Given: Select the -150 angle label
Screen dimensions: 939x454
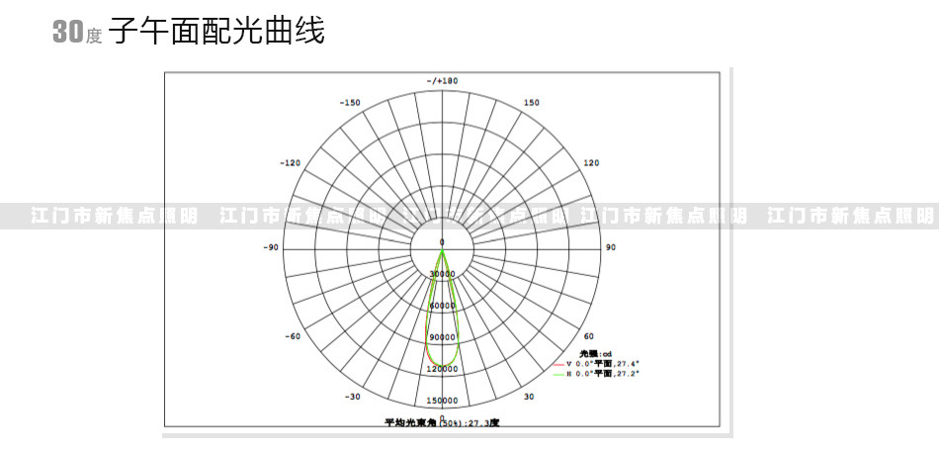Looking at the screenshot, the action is (x=349, y=103).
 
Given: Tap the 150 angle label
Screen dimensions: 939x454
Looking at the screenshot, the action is (x=532, y=103).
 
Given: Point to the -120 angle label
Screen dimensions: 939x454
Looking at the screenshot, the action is (x=290, y=163).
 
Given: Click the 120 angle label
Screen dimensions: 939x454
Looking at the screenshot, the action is (x=591, y=163).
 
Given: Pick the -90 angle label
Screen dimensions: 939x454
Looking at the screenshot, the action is (x=272, y=246).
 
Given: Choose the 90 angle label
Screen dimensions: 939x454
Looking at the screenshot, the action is (x=610, y=246).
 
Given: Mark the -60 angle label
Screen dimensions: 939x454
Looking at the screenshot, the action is (x=293, y=336).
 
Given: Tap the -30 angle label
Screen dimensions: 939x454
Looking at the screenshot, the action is (x=352, y=396).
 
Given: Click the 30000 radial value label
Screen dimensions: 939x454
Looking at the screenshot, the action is (x=442, y=274).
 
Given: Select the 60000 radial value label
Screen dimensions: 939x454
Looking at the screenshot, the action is (x=442, y=306).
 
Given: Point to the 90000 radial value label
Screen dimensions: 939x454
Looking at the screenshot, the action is (x=442, y=337).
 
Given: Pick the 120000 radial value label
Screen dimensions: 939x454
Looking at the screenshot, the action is (x=442, y=369).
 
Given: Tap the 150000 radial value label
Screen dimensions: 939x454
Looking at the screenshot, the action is (x=442, y=401).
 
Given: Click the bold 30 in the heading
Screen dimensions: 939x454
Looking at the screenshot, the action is (x=66, y=33).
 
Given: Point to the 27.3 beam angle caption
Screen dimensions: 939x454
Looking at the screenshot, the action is (x=442, y=422).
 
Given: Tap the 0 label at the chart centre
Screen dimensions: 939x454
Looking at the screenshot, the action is (x=442, y=241).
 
